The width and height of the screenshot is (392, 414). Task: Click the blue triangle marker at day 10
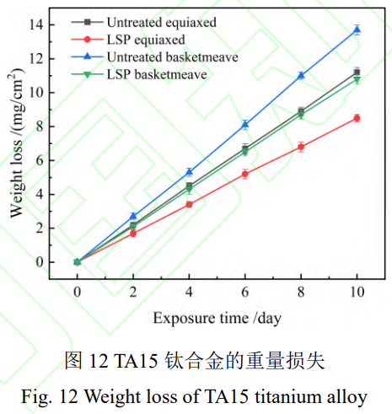click(357, 30)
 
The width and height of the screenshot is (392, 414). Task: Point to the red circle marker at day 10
click(357, 118)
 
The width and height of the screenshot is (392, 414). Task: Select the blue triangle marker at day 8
click(301, 75)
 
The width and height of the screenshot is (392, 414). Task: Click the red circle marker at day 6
click(245, 174)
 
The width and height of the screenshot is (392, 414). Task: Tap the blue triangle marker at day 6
click(245, 124)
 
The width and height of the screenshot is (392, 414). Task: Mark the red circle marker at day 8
click(301, 147)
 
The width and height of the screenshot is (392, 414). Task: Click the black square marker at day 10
click(357, 73)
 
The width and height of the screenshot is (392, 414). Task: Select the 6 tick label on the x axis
click(245, 292)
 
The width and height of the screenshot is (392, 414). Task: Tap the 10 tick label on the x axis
click(357, 292)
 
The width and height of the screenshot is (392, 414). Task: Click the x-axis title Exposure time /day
click(217, 318)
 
